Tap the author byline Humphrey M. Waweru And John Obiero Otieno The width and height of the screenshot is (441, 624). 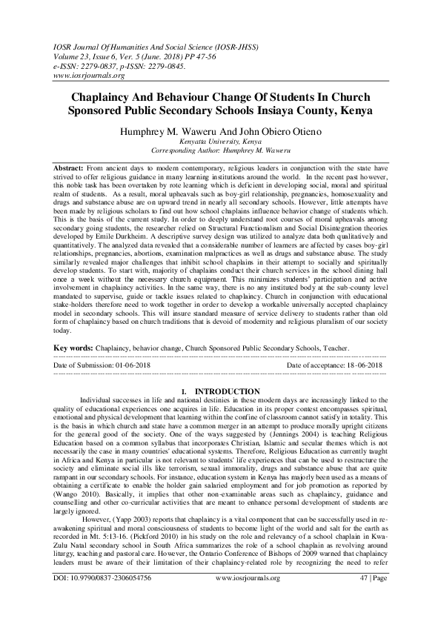pyautogui.click(x=220, y=129)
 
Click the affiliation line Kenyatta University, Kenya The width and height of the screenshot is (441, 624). pyautogui.click(x=220, y=139)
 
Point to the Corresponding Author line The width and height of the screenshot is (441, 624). pyautogui.click(x=220, y=147)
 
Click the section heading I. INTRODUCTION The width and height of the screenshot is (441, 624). pyautogui.click(x=220, y=391)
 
